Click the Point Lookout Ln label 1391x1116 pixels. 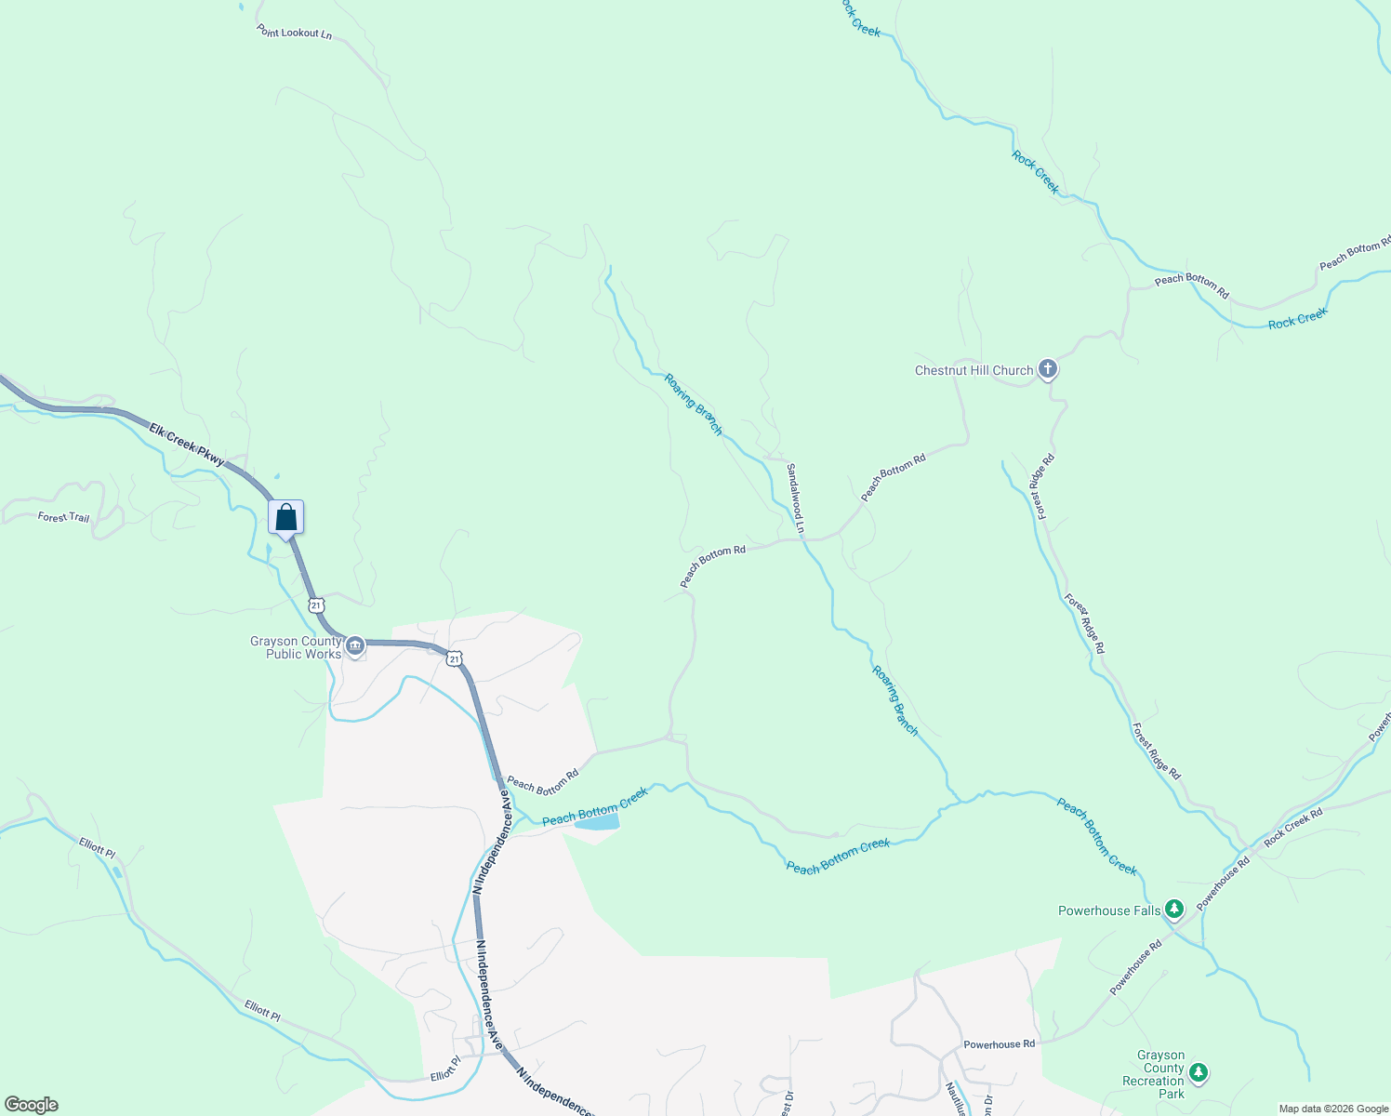[x=294, y=33]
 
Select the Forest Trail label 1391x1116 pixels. [x=63, y=516]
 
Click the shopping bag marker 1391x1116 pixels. [x=286, y=518]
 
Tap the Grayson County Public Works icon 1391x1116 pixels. [x=354, y=646]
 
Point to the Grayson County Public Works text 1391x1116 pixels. [x=296, y=648]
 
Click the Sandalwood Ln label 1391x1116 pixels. [x=795, y=499]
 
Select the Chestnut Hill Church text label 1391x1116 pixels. [x=974, y=370]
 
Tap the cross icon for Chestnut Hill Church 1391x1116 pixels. [x=1048, y=370]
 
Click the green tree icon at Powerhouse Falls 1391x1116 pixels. [x=1174, y=910]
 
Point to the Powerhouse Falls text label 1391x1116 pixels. [x=1109, y=910]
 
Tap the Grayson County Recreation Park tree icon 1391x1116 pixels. [x=1199, y=1073]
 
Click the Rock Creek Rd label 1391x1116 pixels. [x=1292, y=827]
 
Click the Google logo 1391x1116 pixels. [x=31, y=1105]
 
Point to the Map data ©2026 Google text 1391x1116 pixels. [x=1333, y=1109]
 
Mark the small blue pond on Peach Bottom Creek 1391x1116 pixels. [x=597, y=823]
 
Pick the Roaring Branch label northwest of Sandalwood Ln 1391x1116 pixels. [x=693, y=405]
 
